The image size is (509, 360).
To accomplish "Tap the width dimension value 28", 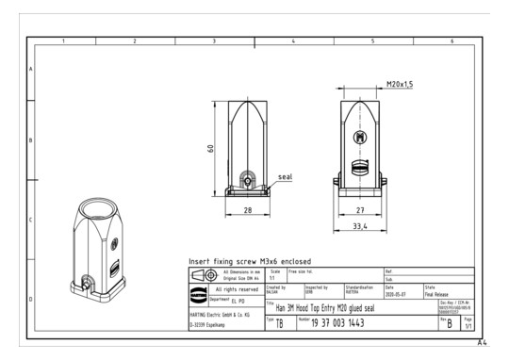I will click(248, 210).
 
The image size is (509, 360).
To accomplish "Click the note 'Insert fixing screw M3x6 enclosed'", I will click(251, 260).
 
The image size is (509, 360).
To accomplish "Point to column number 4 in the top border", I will click(293, 41).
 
